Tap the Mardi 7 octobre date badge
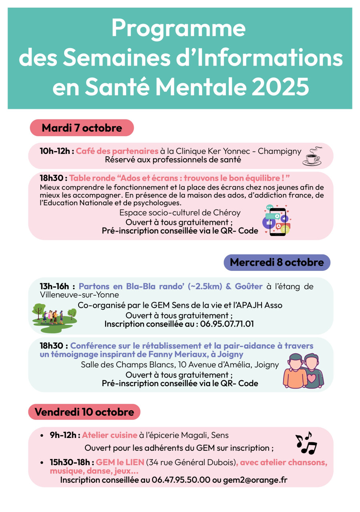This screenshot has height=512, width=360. pyautogui.click(x=82, y=128)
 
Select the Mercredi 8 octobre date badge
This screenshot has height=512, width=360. pyautogui.click(x=277, y=262)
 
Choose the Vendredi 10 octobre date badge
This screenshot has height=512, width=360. pyautogui.click(x=84, y=412)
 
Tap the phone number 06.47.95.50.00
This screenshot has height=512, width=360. pyautogui.click(x=181, y=480)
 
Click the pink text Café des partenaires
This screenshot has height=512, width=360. pyautogui.click(x=117, y=151)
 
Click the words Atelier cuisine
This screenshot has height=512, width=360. pyautogui.click(x=110, y=435)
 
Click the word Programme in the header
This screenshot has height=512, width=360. pyautogui.click(x=178, y=28)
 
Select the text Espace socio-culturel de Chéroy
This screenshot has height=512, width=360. pyautogui.click(x=180, y=213)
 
